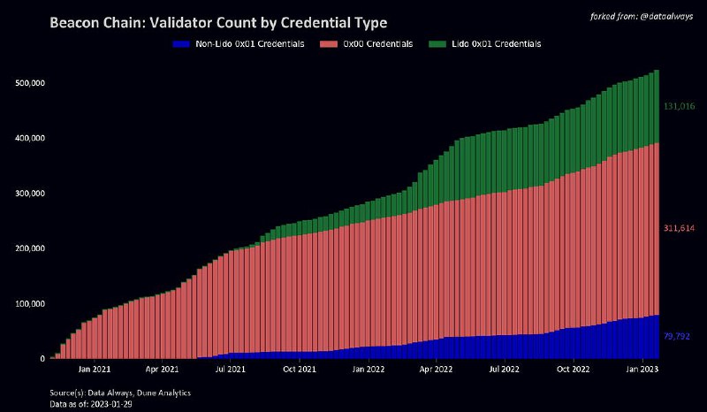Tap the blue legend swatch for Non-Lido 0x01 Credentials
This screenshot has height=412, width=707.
click(182, 43)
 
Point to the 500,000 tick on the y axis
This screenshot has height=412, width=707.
click(31, 83)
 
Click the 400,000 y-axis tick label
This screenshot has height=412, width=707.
click(31, 139)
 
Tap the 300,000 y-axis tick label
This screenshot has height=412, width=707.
click(31, 194)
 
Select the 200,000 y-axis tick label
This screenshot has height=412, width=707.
click(31, 248)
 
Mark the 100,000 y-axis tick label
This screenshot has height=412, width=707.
click(31, 304)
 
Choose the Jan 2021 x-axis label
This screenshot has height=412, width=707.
click(95, 370)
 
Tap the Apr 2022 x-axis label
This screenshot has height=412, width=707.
click(436, 370)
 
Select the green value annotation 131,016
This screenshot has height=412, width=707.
click(679, 106)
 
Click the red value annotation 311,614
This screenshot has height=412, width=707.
click(679, 228)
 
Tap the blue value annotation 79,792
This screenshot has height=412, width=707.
click(677, 337)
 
